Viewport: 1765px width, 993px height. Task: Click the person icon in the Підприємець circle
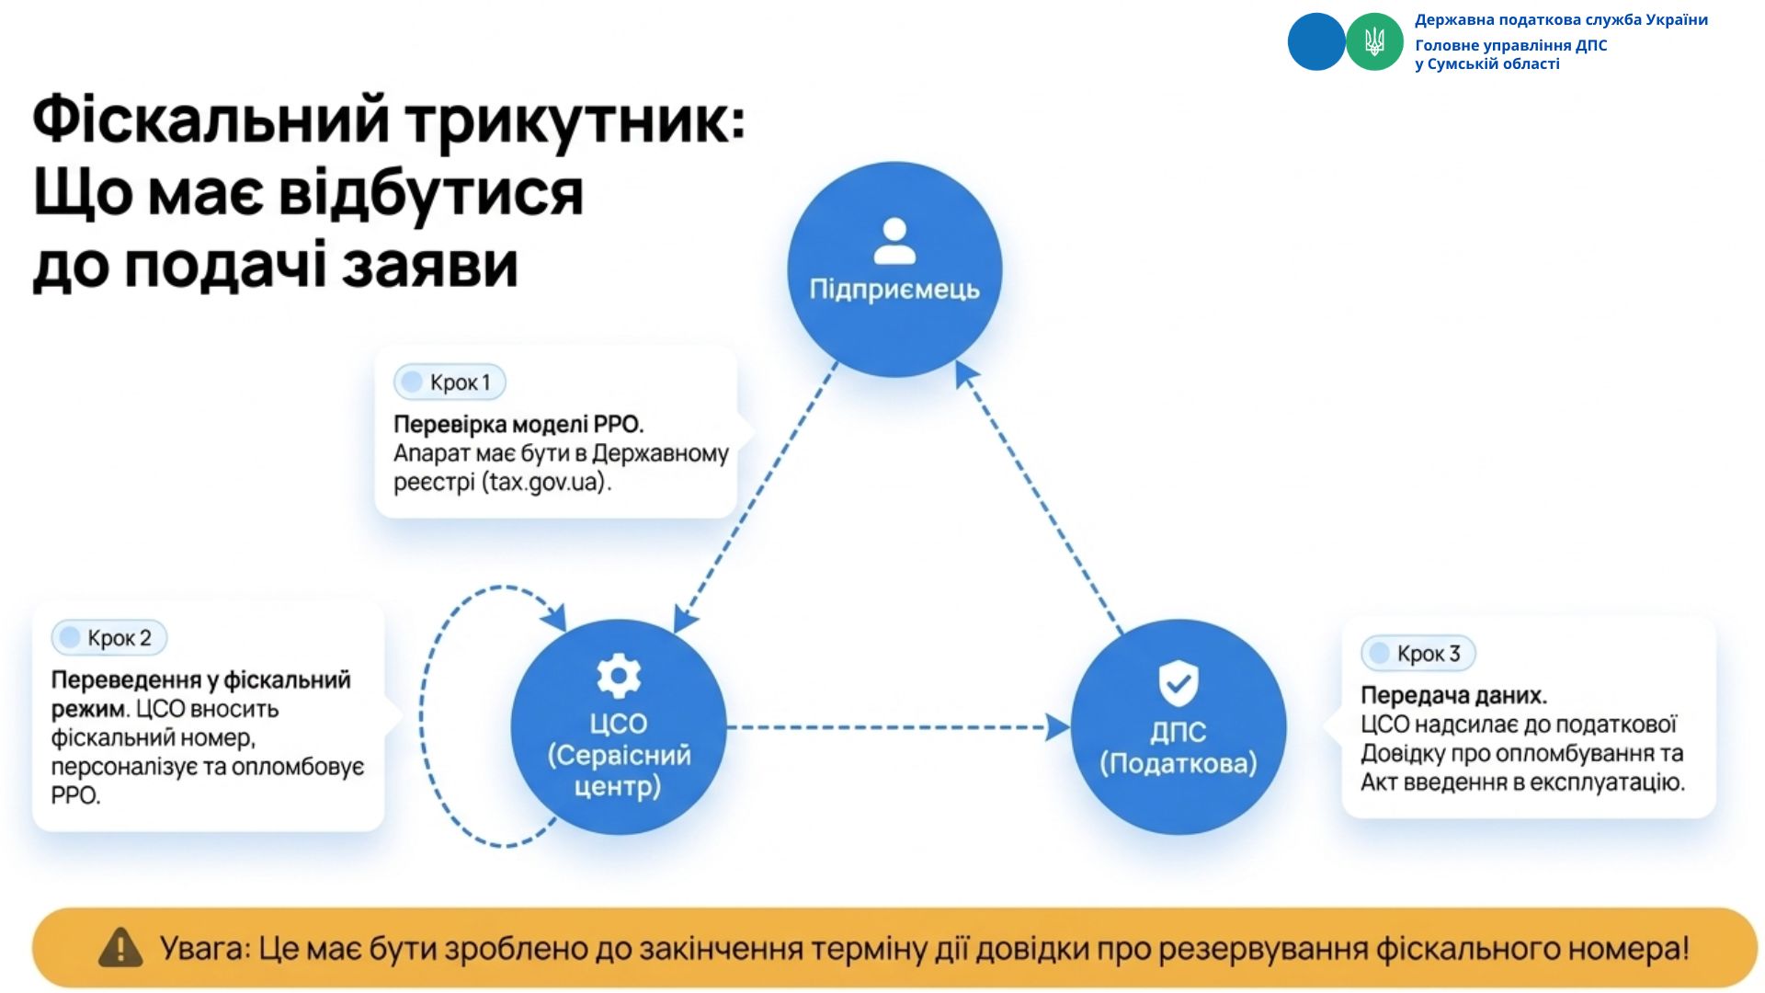pyautogui.click(x=894, y=241)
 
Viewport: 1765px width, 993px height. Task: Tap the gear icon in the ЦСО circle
pyautogui.click(x=619, y=677)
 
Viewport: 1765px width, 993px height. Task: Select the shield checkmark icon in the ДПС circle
pyautogui.click(x=1178, y=682)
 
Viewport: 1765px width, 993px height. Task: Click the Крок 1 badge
pyautogui.click(x=450, y=382)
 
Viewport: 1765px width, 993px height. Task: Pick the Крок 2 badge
pyautogui.click(x=108, y=638)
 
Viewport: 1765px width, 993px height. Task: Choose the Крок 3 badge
pyautogui.click(x=1418, y=654)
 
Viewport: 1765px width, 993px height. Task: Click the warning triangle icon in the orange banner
pyautogui.click(x=120, y=948)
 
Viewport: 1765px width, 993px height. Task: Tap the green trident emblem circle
pyautogui.click(x=1374, y=41)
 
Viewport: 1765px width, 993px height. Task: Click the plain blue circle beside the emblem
pyautogui.click(x=1315, y=41)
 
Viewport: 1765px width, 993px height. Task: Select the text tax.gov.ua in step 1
pyautogui.click(x=546, y=482)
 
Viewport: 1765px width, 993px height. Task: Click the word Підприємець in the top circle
pyautogui.click(x=894, y=290)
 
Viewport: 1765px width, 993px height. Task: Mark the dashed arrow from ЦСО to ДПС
pyautogui.click(x=896, y=727)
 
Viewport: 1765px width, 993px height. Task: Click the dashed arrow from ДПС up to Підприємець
pyautogui.click(x=1039, y=496)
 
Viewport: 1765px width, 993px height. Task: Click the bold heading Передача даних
pyautogui.click(x=1453, y=695)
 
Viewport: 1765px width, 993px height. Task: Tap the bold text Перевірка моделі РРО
pyautogui.click(x=518, y=424)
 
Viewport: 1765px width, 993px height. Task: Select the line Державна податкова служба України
pyautogui.click(x=1561, y=19)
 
